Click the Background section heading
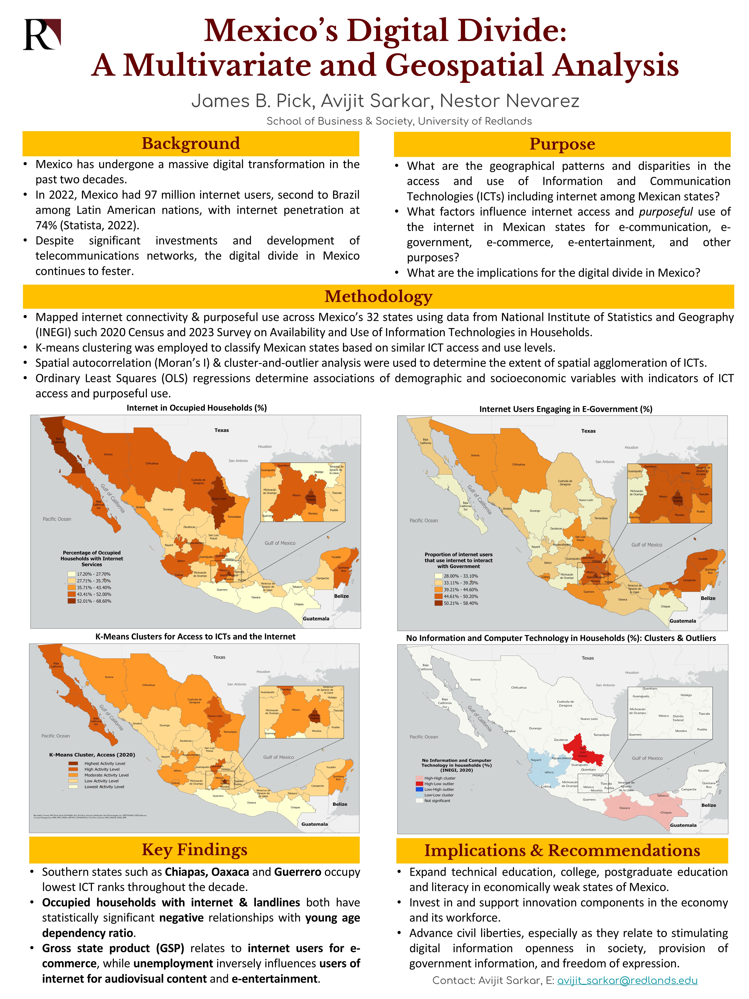[191, 144]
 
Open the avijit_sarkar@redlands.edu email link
[627, 981]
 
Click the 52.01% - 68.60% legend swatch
[71, 601]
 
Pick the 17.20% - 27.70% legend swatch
[71, 574]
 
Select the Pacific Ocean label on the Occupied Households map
[57, 519]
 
